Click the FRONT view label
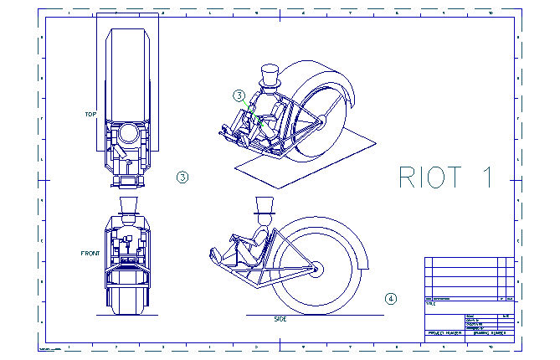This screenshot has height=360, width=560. click(x=90, y=253)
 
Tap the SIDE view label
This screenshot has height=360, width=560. click(x=280, y=319)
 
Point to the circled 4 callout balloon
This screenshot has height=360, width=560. click(x=390, y=298)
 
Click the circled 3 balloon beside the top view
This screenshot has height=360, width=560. click(x=182, y=177)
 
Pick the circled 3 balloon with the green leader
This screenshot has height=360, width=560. click(x=239, y=95)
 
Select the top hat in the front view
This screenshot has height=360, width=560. click(x=128, y=205)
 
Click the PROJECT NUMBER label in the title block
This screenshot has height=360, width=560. click(x=444, y=333)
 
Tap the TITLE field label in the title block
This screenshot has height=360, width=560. click(x=432, y=305)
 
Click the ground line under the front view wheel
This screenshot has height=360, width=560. click(x=128, y=317)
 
